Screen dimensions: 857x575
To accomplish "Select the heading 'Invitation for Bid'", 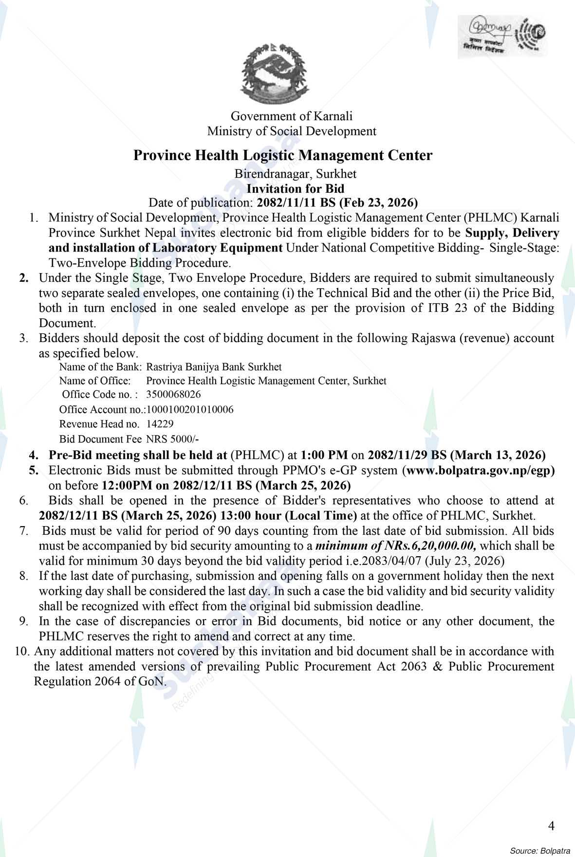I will click(296, 189).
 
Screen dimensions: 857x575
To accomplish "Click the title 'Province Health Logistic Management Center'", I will click(283, 156).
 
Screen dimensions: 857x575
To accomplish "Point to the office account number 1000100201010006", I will click(190, 409).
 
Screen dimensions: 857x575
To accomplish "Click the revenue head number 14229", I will click(160, 424).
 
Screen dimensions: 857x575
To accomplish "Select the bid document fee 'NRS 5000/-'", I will click(172, 439).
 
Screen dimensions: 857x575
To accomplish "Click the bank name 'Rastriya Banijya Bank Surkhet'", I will click(214, 366).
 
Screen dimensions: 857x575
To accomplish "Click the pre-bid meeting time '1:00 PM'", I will click(324, 456).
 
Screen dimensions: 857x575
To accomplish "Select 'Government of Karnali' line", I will click(291, 116).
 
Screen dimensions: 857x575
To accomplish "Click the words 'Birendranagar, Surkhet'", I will click(296, 174).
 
